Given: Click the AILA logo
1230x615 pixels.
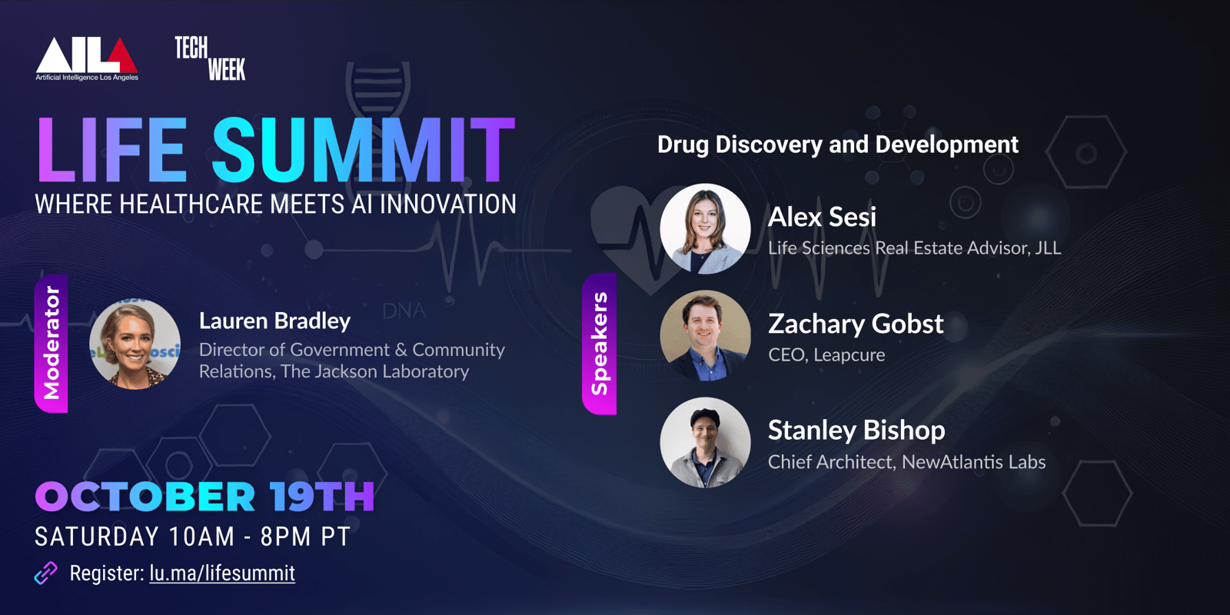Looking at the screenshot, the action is pyautogui.click(x=87, y=58).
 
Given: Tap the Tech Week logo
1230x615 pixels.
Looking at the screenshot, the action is pyautogui.click(x=210, y=58).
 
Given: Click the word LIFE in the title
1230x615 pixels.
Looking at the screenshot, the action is pyautogui.click(x=111, y=149).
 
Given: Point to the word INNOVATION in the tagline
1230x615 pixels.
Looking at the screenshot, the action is pyautogui.click(x=448, y=204).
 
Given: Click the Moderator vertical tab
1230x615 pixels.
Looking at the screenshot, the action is pyautogui.click(x=51, y=343).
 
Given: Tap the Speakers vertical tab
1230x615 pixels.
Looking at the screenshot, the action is pyautogui.click(x=599, y=344).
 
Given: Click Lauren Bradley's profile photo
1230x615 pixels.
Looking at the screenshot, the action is pyautogui.click(x=135, y=344).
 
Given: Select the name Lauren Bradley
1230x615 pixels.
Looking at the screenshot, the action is pyautogui.click(x=274, y=321).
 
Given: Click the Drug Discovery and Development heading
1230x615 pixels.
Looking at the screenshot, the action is pyautogui.click(x=838, y=145).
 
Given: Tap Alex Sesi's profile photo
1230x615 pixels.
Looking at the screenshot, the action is pyautogui.click(x=705, y=228).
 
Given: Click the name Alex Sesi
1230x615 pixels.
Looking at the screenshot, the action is pyautogui.click(x=822, y=217).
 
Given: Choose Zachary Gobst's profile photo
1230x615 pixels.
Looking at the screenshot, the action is pyautogui.click(x=705, y=335).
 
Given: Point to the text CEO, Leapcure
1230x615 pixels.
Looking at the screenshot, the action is pyautogui.click(x=826, y=355).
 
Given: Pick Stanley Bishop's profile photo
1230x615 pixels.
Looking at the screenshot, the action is pyautogui.click(x=705, y=443).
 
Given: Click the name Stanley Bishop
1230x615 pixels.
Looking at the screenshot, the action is pyautogui.click(x=856, y=430).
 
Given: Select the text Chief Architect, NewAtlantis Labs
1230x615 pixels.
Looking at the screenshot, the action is pyautogui.click(x=906, y=462).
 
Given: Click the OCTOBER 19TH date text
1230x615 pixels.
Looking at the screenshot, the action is pyautogui.click(x=204, y=497).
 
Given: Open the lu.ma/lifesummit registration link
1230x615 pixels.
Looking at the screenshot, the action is pyautogui.click(x=222, y=573).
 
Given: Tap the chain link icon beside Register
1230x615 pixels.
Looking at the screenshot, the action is pyautogui.click(x=46, y=573).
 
